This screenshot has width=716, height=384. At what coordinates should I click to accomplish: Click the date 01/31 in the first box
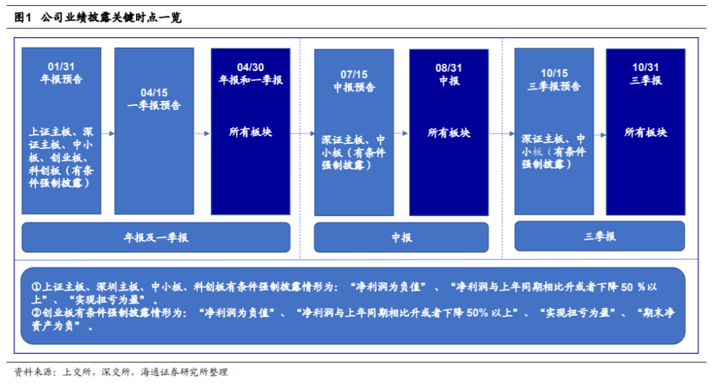[61, 67]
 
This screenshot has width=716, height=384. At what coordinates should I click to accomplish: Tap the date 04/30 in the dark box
[251, 67]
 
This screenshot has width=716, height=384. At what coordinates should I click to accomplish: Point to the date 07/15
[354, 74]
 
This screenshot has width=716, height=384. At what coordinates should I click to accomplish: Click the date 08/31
[449, 68]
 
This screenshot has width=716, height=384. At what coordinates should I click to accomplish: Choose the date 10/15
[554, 74]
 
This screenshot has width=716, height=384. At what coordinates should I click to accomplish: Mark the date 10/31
[646, 67]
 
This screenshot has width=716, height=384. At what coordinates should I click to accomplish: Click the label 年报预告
[61, 80]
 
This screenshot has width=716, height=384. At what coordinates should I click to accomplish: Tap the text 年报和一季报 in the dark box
[251, 80]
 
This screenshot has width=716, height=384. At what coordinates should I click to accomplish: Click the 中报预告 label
[354, 87]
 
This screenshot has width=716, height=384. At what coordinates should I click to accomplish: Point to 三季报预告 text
[554, 86]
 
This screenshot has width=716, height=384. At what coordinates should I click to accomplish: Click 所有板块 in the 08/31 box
[449, 133]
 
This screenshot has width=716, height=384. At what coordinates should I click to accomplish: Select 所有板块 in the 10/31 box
[646, 133]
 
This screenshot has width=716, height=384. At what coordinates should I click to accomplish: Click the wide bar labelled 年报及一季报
[156, 237]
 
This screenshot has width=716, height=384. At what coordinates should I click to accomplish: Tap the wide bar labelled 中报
[402, 237]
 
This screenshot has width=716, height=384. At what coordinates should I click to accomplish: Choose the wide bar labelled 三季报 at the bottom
[599, 236]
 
